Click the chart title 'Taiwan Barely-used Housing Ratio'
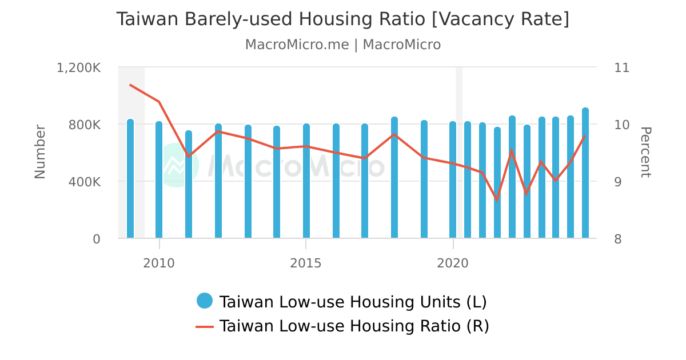342,19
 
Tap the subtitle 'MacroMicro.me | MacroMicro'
342,45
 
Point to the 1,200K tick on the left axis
78,67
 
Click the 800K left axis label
85,125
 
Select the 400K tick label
85,182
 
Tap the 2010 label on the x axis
159,263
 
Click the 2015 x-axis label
306,263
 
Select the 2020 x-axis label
453,263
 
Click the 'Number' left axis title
40,152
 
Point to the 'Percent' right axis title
645,152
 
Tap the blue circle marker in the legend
204,301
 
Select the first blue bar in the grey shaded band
130,179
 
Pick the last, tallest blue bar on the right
585,173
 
